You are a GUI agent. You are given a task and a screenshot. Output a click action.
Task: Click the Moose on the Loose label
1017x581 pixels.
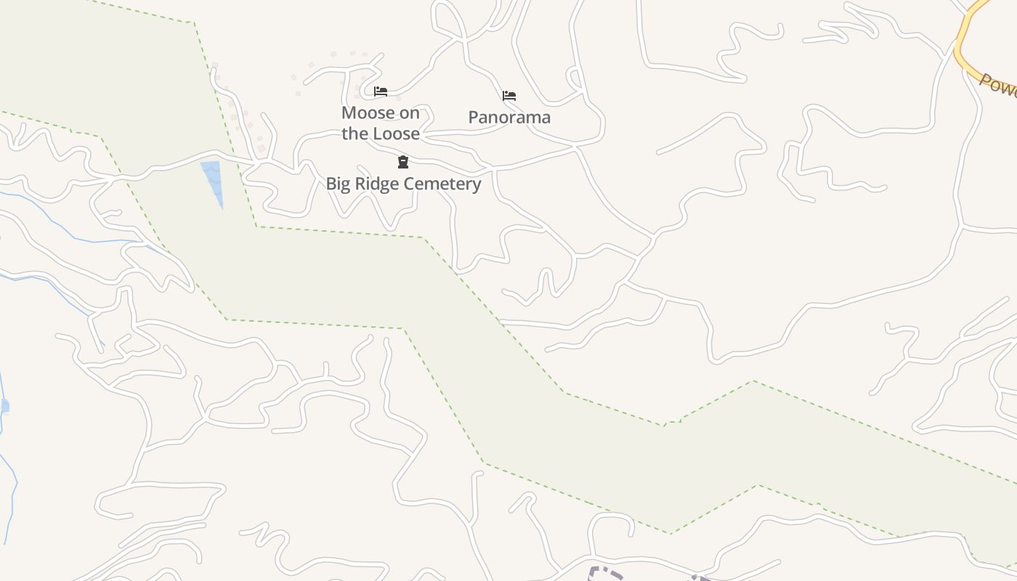tap(381, 123)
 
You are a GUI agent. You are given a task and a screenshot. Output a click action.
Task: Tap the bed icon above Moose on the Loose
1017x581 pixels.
tap(380, 92)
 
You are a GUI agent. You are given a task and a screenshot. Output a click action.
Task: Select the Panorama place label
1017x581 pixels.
tap(509, 117)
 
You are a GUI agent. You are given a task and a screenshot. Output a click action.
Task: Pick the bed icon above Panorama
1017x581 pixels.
tap(509, 95)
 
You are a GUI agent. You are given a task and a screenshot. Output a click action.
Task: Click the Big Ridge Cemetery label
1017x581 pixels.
tap(403, 184)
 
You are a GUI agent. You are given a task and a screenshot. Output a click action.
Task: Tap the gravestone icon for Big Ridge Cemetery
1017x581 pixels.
tap(403, 161)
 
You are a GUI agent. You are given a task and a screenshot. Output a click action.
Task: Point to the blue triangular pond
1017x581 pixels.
tap(213, 178)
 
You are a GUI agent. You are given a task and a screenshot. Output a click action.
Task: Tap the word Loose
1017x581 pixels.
tap(397, 134)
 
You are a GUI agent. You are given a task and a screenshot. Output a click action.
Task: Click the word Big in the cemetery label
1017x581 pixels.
tap(338, 184)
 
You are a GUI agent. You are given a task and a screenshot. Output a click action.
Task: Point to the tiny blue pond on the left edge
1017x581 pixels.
tap(4, 405)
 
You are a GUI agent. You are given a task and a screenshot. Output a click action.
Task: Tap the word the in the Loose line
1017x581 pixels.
tap(354, 134)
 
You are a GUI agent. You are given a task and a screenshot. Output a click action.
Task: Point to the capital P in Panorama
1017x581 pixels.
tap(473, 117)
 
